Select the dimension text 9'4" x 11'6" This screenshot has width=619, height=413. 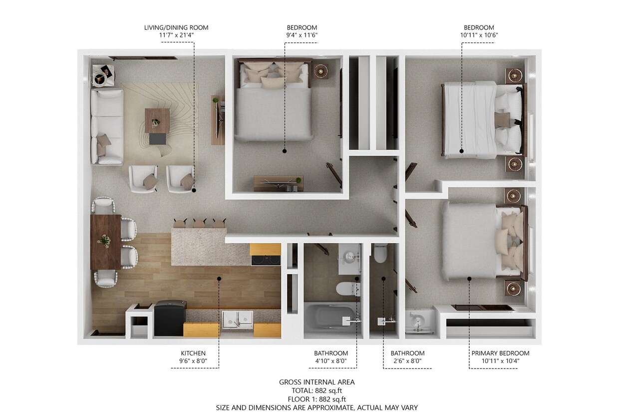[x=302, y=35]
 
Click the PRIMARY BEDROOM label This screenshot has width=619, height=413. [x=500, y=353]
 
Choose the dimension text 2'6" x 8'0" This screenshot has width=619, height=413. [x=407, y=361]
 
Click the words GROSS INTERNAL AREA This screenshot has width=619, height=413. [x=316, y=382]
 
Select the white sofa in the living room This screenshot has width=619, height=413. [x=107, y=126]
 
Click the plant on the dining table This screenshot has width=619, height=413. [x=105, y=241]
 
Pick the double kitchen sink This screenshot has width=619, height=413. [x=238, y=319]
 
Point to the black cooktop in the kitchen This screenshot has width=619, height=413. [x=266, y=260]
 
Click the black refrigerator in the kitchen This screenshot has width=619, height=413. [x=170, y=318]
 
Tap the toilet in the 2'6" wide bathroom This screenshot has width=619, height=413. [x=380, y=254]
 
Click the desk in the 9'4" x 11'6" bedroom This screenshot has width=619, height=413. [x=278, y=183]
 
